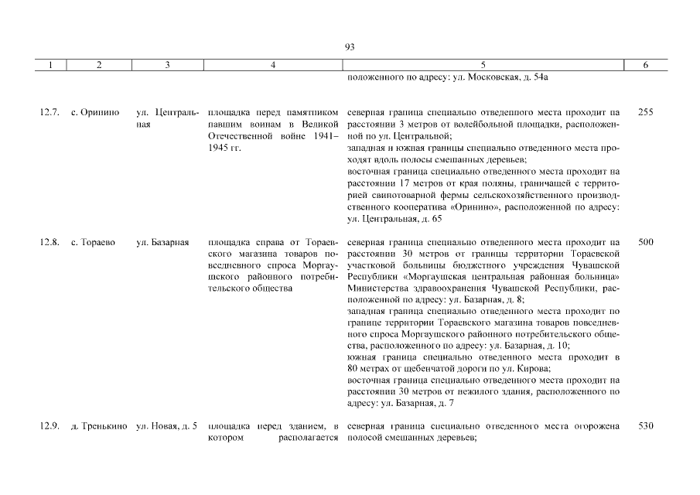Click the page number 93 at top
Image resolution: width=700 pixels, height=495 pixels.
pos(349,48)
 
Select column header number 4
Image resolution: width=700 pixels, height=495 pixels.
pos(273,66)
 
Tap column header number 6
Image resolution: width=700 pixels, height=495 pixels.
pos(646,66)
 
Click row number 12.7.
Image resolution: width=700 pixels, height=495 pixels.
pos(50,112)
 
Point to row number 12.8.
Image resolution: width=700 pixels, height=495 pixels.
pos(50,242)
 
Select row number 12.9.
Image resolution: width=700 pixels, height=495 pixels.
pos(50,427)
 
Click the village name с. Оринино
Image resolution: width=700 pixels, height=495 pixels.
pos(100,112)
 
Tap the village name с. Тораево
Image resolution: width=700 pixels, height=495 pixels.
pos(97,242)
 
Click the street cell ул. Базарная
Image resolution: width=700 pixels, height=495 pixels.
pos(163,242)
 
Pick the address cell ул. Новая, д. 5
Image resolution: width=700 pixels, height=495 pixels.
pos(166,427)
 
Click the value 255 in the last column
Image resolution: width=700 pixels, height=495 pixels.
pos(646,112)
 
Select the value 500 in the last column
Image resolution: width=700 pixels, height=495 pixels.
pos(646,242)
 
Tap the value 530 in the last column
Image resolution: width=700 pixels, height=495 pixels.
pos(646,427)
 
